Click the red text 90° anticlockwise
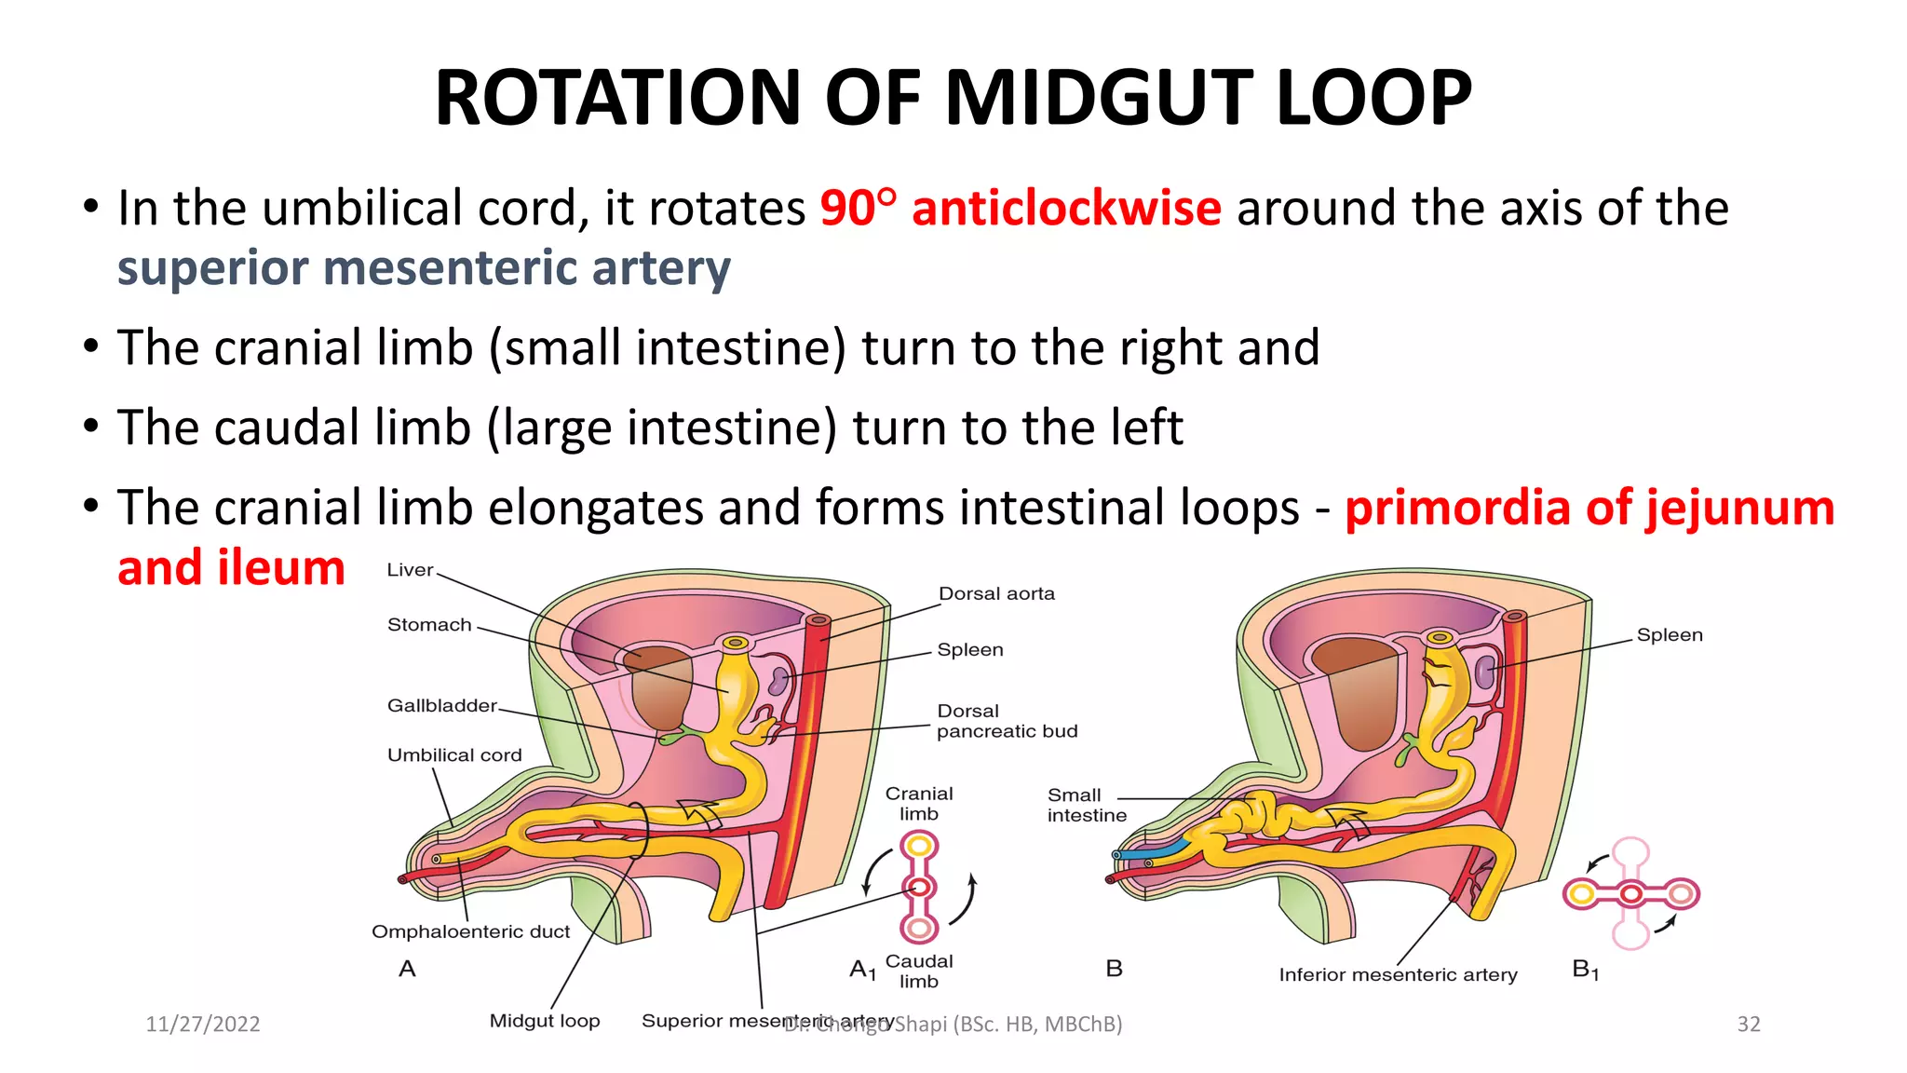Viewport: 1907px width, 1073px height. (x=1020, y=208)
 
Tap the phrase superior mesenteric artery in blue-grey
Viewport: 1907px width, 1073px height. (x=424, y=268)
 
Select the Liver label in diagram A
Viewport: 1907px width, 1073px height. (x=410, y=570)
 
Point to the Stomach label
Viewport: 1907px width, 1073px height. (x=429, y=625)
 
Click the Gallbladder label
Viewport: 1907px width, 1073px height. (x=442, y=706)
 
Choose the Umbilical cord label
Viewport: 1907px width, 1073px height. (x=454, y=755)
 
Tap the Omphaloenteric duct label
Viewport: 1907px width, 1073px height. (x=470, y=931)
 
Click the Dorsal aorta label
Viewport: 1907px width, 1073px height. (x=996, y=594)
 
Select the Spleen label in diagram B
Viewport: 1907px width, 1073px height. (x=1670, y=635)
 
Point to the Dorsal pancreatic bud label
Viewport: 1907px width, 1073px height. (x=1007, y=722)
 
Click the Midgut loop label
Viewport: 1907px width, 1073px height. (x=545, y=1021)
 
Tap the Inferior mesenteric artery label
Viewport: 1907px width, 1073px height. (x=1398, y=975)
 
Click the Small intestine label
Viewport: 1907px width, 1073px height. (x=1086, y=806)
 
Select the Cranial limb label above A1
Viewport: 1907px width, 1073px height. (x=919, y=804)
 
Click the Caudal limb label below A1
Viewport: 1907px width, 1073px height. (x=919, y=971)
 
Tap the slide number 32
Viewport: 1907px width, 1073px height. (x=1749, y=1025)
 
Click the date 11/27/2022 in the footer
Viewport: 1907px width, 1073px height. (x=203, y=1025)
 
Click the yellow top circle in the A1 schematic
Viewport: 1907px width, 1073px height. (x=919, y=846)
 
